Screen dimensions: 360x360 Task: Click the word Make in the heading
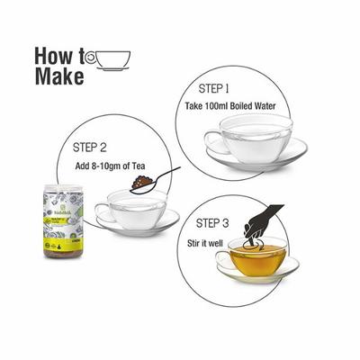click(59, 76)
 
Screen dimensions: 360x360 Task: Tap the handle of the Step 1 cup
click(211, 139)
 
